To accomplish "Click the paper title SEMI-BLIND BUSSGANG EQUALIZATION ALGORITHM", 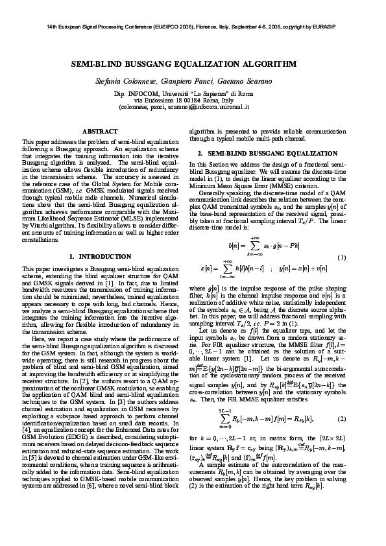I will pos(193,65).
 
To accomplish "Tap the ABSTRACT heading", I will pos(100,132).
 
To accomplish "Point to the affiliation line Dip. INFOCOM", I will pos(193,94).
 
